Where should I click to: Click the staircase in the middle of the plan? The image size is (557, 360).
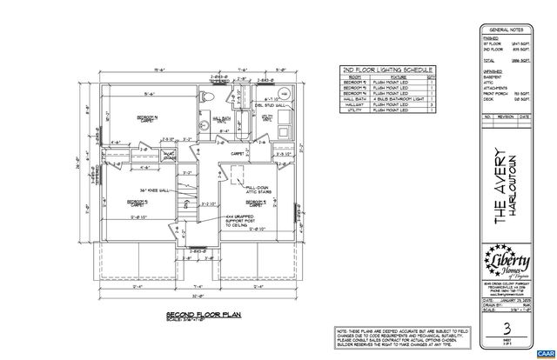[x=185, y=209]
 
